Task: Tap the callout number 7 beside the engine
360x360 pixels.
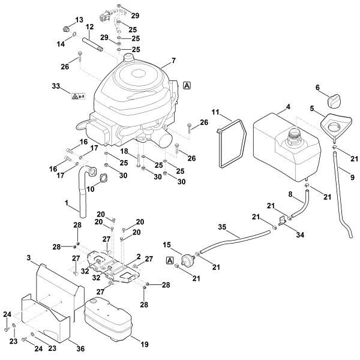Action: coord(173,61)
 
